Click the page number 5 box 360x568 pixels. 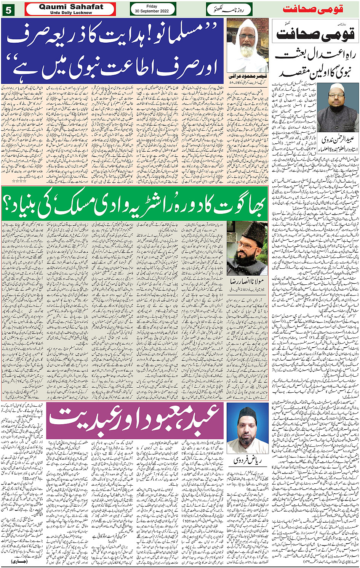pyautogui.click(x=8, y=10)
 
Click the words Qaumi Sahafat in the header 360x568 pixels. pyautogui.click(x=71, y=7)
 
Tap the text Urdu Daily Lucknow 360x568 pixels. pyautogui.click(x=71, y=13)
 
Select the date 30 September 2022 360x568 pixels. pyautogui.click(x=152, y=11)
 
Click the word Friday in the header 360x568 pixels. pyautogui.click(x=152, y=6)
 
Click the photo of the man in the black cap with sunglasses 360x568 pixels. pyautogui.click(x=247, y=248)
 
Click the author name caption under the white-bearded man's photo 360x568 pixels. pyautogui.click(x=247, y=76)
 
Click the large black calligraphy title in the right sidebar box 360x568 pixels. pyautogui.click(x=315, y=34)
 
